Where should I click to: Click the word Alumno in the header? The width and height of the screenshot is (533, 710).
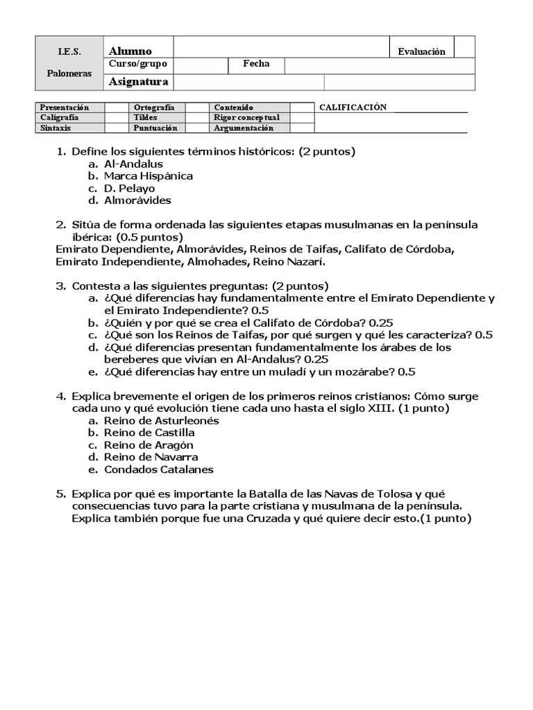[130, 51]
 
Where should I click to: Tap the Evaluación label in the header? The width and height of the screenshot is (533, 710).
[421, 51]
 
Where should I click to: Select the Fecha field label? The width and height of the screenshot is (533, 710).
[256, 64]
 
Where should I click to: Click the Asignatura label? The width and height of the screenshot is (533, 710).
[139, 82]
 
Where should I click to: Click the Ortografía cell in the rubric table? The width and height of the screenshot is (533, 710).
[154, 107]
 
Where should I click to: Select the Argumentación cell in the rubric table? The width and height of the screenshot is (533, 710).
[244, 128]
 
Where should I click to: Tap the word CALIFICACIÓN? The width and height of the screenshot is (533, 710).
[352, 107]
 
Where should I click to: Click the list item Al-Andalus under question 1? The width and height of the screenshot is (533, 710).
[133, 164]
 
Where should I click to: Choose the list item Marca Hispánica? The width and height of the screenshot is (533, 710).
[149, 176]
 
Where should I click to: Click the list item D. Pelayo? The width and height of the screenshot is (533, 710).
[130, 189]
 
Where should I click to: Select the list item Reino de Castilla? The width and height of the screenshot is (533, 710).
[149, 433]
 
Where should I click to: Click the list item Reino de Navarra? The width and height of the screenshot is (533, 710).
[151, 457]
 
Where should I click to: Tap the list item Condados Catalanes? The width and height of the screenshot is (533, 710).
[158, 469]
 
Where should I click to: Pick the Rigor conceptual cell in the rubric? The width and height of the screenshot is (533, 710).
[246, 117]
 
